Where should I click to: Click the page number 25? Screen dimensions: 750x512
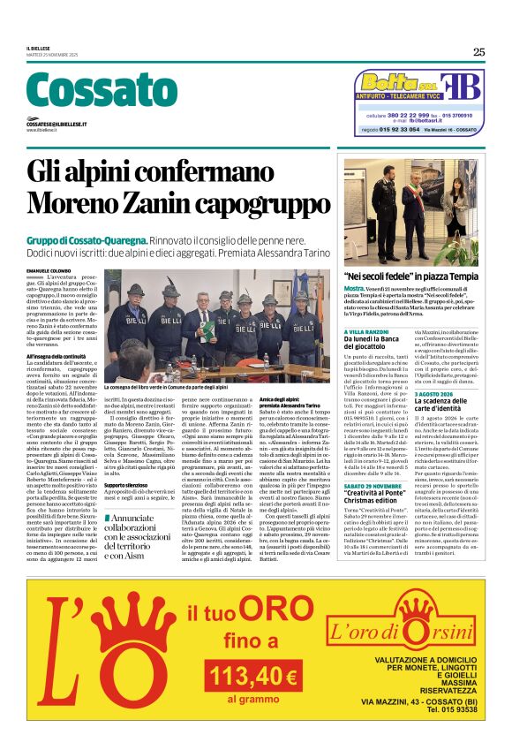pyautogui.click(x=478, y=52)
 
